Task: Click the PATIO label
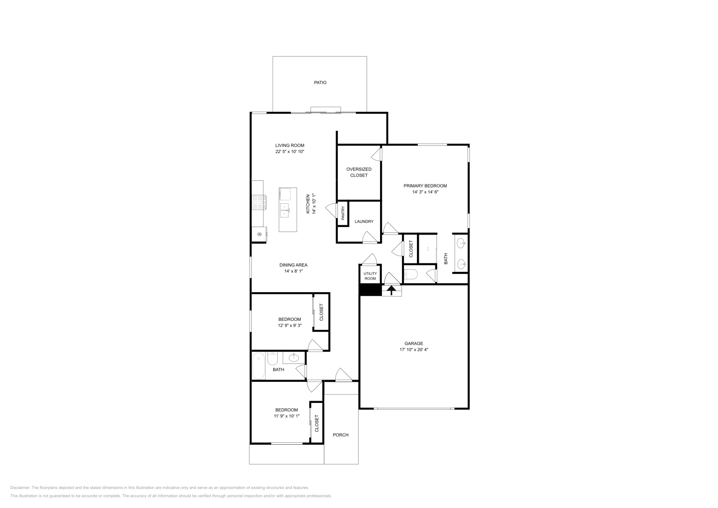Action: (320, 83)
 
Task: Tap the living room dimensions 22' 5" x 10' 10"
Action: (290, 152)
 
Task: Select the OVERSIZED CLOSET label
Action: (359, 172)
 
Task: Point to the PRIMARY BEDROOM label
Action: (425, 186)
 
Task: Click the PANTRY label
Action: (343, 213)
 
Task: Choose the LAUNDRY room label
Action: (364, 222)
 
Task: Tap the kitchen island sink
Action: (285, 210)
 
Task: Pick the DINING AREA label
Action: (293, 265)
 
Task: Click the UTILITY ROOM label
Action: (370, 276)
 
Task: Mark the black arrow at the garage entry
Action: (391, 290)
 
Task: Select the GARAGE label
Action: (414, 344)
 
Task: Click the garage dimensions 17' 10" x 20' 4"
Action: (414, 350)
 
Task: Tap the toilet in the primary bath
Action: (411, 275)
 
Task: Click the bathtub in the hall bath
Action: (258, 366)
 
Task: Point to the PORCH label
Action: (341, 435)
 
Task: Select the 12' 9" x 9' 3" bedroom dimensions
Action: (290, 326)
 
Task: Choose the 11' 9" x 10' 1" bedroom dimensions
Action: (287, 416)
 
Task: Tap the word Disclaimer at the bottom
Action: (20, 488)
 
